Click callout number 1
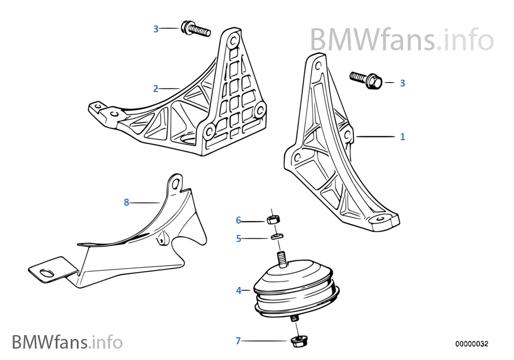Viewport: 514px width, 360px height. point(402,137)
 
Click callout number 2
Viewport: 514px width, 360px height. point(156,89)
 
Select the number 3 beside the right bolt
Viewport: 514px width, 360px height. point(402,83)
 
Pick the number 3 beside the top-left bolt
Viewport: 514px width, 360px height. point(156,29)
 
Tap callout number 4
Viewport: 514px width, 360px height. point(239,291)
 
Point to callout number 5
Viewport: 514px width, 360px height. point(239,238)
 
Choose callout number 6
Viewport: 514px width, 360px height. point(239,220)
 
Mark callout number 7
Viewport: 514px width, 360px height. point(238,341)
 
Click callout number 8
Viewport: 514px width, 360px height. point(126,202)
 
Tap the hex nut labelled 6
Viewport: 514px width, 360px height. point(273,220)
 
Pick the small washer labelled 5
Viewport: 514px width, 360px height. point(277,236)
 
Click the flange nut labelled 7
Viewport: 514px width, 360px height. point(296,341)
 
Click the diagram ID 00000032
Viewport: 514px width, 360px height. point(471,344)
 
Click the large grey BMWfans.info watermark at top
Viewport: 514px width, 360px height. point(401,40)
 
